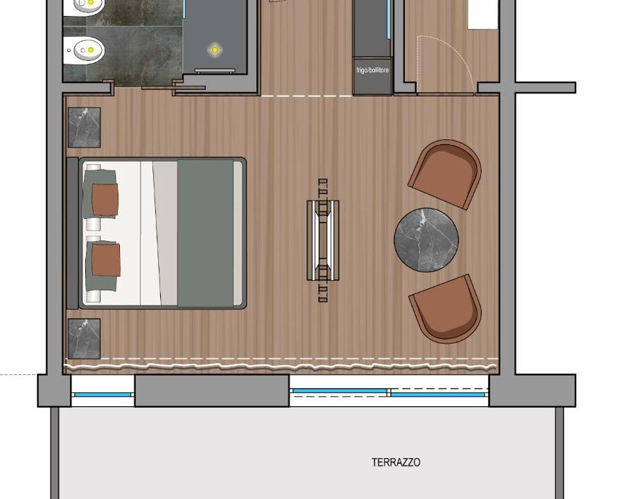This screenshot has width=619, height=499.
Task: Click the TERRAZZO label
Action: [x=396, y=462]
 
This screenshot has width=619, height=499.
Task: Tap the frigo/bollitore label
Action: [x=372, y=70]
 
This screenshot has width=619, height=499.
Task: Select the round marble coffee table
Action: [x=426, y=240]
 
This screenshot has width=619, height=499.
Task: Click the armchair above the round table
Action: [x=445, y=174]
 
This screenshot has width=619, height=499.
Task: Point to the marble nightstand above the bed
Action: [x=84, y=128]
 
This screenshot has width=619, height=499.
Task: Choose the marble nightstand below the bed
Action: [x=84, y=339]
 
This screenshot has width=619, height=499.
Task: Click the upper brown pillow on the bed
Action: [x=105, y=200]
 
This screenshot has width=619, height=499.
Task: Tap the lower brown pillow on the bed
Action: [x=106, y=260]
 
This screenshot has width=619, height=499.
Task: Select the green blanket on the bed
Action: [x=205, y=233]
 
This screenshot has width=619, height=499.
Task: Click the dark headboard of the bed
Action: [x=73, y=233]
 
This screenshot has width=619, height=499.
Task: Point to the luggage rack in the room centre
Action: [x=323, y=240]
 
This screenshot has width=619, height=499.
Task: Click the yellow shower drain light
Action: [x=214, y=50]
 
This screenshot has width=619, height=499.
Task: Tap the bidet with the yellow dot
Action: [x=84, y=50]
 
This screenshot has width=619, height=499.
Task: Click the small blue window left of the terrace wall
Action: [x=103, y=394]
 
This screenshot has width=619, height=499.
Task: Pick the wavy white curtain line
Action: [x=281, y=367]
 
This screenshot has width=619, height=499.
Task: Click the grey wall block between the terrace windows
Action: [x=212, y=390]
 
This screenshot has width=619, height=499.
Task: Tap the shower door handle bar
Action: [x=215, y=71]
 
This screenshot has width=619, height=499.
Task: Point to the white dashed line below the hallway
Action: [x=306, y=96]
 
